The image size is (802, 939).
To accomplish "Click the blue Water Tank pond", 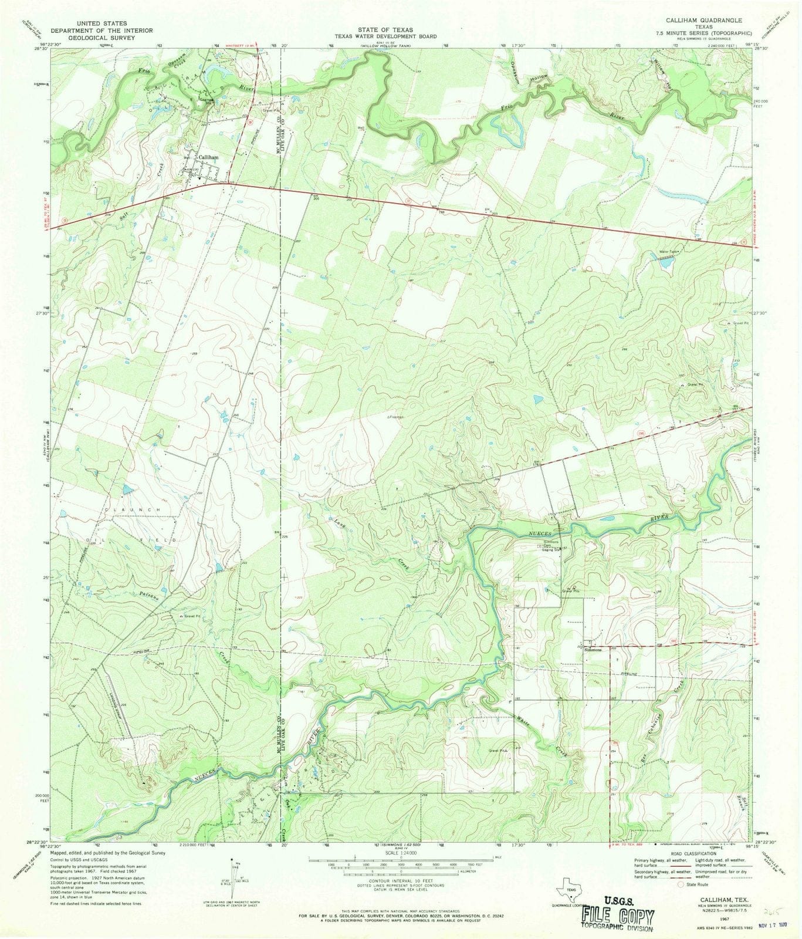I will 665,264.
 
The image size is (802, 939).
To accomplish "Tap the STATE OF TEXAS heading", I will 387,29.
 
